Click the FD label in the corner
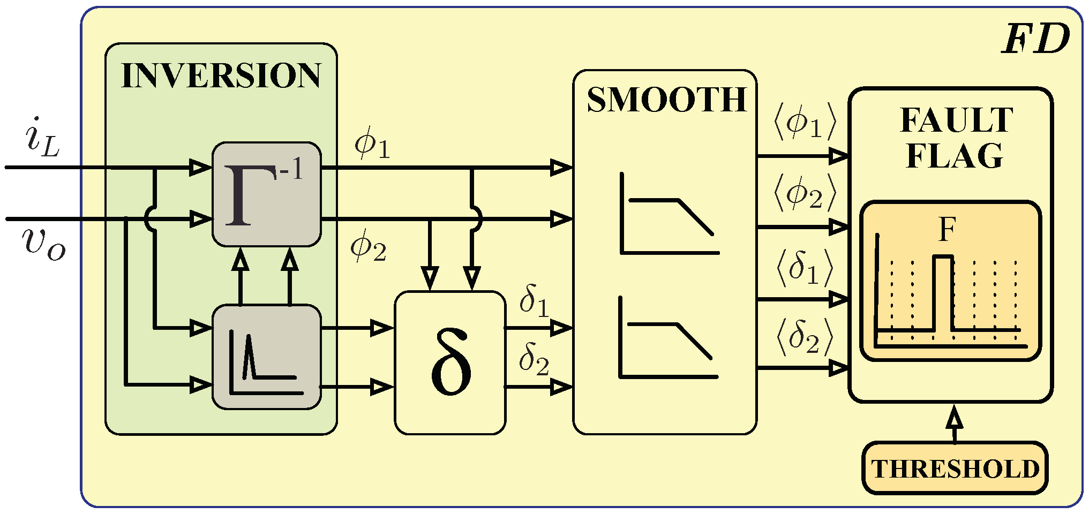coord(1035,40)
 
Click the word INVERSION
coord(221,76)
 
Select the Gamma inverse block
coord(267,194)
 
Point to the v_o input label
coord(44,244)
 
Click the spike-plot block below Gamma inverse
coord(267,357)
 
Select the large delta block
coord(450,362)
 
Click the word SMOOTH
coord(666,100)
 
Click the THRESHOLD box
coord(955,468)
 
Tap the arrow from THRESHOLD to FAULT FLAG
coord(955,423)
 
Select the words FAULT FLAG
coord(956,138)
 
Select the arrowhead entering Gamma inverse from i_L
coord(201,168)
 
